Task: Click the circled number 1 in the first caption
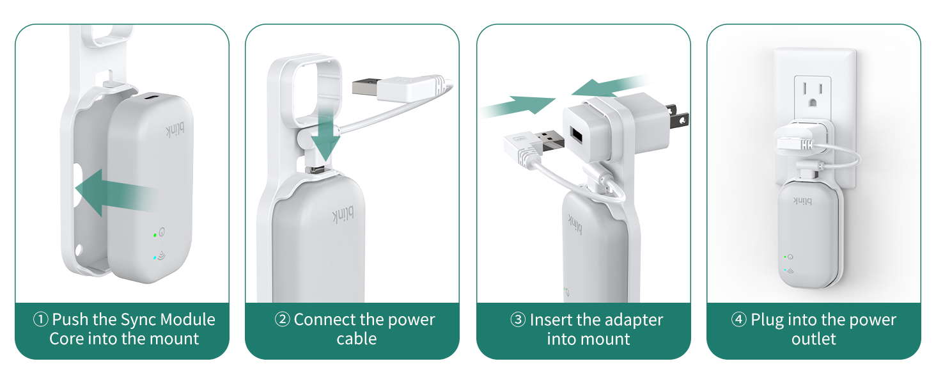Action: [40, 319]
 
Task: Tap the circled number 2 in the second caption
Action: [283, 319]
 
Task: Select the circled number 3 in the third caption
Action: [518, 320]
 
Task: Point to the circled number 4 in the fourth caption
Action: [739, 319]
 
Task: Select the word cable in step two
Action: [356, 339]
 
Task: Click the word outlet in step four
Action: [814, 339]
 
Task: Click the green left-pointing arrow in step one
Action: [116, 193]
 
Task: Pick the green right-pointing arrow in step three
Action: [517, 106]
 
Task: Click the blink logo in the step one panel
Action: [175, 130]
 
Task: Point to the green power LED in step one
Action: [155, 235]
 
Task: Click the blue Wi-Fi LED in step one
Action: [155, 258]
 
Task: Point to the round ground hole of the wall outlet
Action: [813, 102]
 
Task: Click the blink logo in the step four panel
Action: [803, 201]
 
